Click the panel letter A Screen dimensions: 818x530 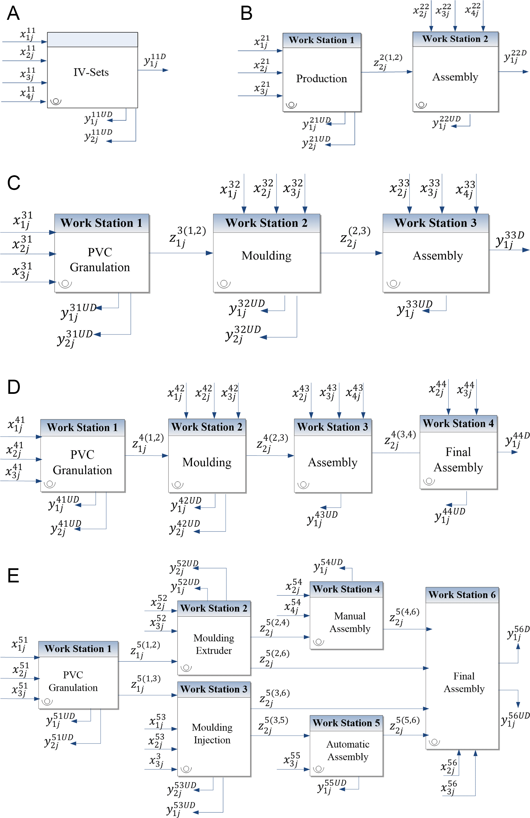(13, 13)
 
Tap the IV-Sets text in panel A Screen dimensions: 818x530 (91, 72)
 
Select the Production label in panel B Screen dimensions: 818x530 (321, 78)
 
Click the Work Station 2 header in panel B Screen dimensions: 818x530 (455, 39)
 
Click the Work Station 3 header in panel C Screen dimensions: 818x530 (435, 223)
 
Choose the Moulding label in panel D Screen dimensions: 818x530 (207, 462)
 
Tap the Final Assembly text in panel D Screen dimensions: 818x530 (458, 460)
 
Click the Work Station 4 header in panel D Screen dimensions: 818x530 (458, 423)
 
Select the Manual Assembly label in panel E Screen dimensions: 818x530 (350, 622)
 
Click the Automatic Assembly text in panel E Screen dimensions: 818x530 (348, 750)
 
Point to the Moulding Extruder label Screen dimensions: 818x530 (214, 644)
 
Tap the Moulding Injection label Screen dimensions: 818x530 (212, 733)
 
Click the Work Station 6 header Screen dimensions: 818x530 (462, 595)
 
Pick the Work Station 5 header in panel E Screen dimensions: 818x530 (346, 723)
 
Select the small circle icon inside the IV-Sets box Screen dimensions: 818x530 (56, 101)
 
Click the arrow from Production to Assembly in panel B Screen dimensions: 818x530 (386, 72)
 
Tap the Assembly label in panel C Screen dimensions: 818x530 (437, 256)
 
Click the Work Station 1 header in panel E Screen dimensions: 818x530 (78, 649)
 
